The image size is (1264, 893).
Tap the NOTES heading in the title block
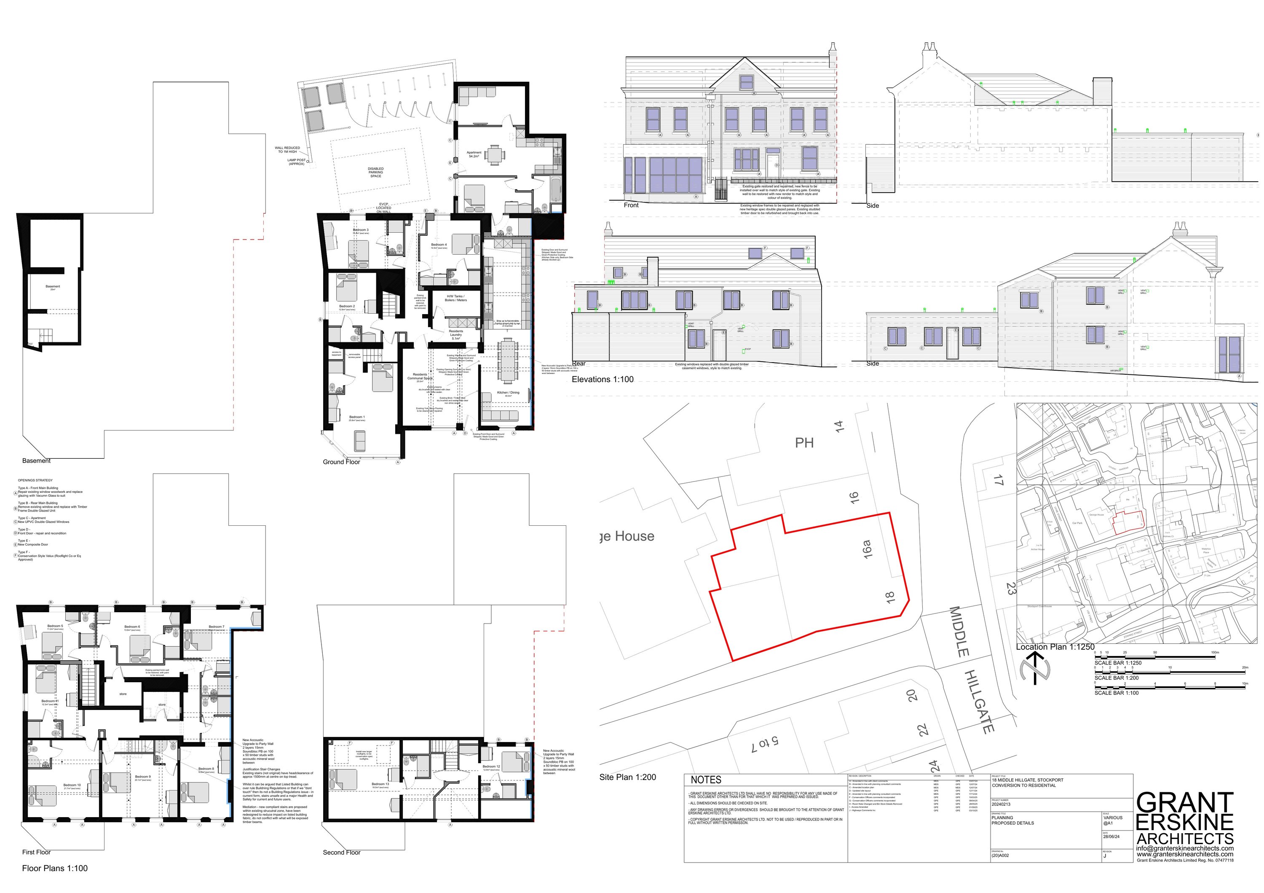pos(706,780)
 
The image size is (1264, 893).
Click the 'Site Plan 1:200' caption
pos(628,777)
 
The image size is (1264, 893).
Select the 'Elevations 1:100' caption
pos(602,379)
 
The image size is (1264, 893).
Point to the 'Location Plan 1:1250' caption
pos(1055,647)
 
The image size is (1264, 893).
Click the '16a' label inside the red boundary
pos(868,549)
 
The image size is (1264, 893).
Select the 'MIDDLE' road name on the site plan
pos(959,632)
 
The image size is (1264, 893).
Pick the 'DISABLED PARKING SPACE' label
pos(375,172)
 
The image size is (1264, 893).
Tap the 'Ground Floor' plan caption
pos(341,462)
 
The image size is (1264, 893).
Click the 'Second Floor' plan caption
pos(341,852)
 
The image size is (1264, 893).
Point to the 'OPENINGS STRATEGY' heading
pos(35,480)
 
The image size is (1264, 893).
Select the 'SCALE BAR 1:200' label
pos(1117,678)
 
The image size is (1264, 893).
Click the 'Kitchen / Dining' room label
pos(508,393)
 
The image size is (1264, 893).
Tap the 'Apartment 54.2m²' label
pos(474,154)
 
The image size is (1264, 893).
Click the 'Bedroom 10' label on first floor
pos(72,785)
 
